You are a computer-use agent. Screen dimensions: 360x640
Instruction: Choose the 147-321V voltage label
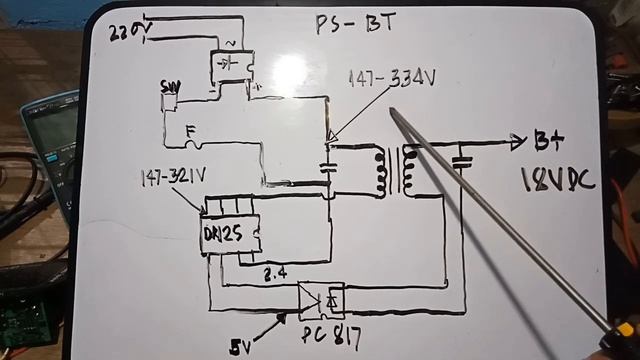(174, 177)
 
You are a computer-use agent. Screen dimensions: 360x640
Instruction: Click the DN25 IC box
(229, 235)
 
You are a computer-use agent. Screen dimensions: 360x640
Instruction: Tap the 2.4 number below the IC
(275, 271)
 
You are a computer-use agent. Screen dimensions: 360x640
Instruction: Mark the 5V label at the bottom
(241, 346)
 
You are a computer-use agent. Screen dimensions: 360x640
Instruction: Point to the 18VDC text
(557, 181)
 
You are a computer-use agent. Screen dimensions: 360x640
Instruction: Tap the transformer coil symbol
(396, 171)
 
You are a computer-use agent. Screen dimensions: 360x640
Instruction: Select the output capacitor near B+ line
(461, 160)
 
